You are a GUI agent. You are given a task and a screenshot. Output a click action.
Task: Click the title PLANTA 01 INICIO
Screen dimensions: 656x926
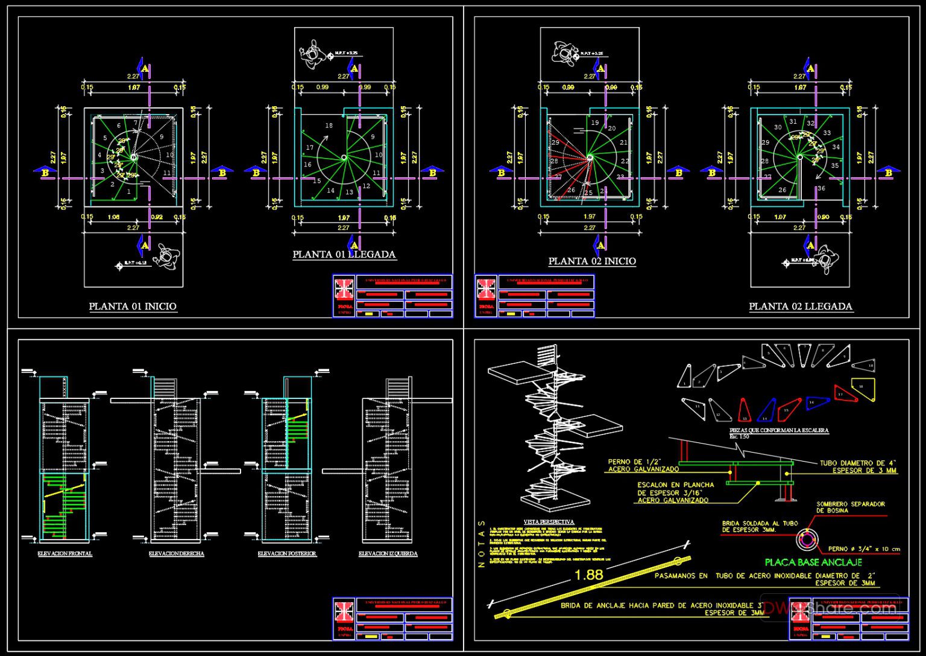(x=133, y=307)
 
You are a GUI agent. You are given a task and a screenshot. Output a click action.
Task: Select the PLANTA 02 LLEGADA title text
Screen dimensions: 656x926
(x=800, y=307)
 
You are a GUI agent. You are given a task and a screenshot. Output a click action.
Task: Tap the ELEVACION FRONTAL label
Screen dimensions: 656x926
(x=65, y=553)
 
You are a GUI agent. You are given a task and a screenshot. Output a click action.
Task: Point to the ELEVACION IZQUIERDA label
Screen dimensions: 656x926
(x=388, y=553)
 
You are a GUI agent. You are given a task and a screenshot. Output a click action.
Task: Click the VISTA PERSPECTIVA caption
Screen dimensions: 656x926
(x=549, y=522)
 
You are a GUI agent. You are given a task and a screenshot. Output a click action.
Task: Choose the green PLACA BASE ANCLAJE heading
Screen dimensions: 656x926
(x=813, y=562)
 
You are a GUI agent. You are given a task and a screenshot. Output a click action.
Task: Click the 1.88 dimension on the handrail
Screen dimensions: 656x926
(x=588, y=575)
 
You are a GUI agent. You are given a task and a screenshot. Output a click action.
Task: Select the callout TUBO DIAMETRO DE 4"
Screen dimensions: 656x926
(x=858, y=467)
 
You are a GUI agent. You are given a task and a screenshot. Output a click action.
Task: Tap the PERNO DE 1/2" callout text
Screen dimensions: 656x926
(x=643, y=465)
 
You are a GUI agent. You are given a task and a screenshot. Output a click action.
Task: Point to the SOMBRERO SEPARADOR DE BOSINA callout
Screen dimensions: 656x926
(x=850, y=507)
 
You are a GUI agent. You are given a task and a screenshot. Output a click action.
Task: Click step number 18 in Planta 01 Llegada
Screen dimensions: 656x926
(x=329, y=126)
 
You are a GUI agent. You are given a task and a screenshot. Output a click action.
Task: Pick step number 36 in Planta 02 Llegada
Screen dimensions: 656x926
(x=821, y=188)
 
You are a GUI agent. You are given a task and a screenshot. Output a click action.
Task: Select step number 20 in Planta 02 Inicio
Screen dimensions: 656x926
(x=611, y=129)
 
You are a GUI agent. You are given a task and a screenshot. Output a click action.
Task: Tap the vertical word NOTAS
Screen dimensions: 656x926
(x=481, y=544)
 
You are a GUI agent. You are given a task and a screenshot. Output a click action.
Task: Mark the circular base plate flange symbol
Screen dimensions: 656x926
(x=805, y=540)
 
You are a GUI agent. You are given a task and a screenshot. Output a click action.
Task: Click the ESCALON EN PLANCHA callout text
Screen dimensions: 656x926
(x=675, y=492)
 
